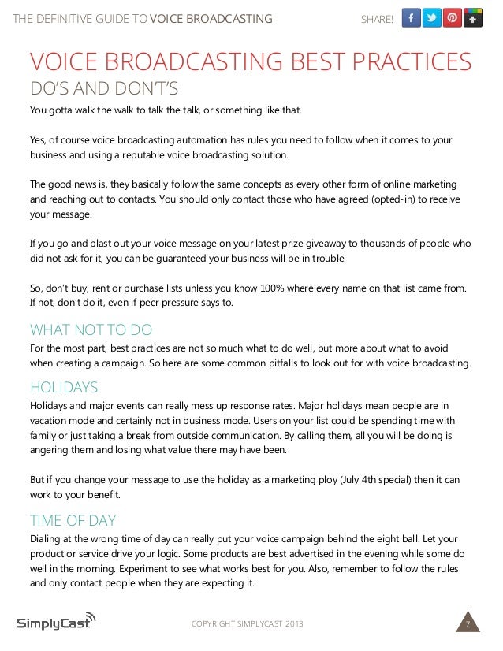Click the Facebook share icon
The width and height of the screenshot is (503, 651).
(x=411, y=18)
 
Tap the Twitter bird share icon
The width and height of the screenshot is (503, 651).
(x=431, y=18)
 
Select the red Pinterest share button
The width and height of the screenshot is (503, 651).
(x=452, y=18)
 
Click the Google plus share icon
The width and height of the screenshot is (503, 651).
(x=473, y=18)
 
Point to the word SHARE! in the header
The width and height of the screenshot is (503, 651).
(x=376, y=19)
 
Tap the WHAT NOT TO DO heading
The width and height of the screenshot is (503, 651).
(x=91, y=329)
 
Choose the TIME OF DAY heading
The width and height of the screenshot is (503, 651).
(x=73, y=520)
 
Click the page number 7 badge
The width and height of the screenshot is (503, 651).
(x=468, y=624)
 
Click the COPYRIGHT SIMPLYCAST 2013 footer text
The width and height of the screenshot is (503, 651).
(x=247, y=625)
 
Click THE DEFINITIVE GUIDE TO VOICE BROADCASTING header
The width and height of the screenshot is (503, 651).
(x=142, y=19)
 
